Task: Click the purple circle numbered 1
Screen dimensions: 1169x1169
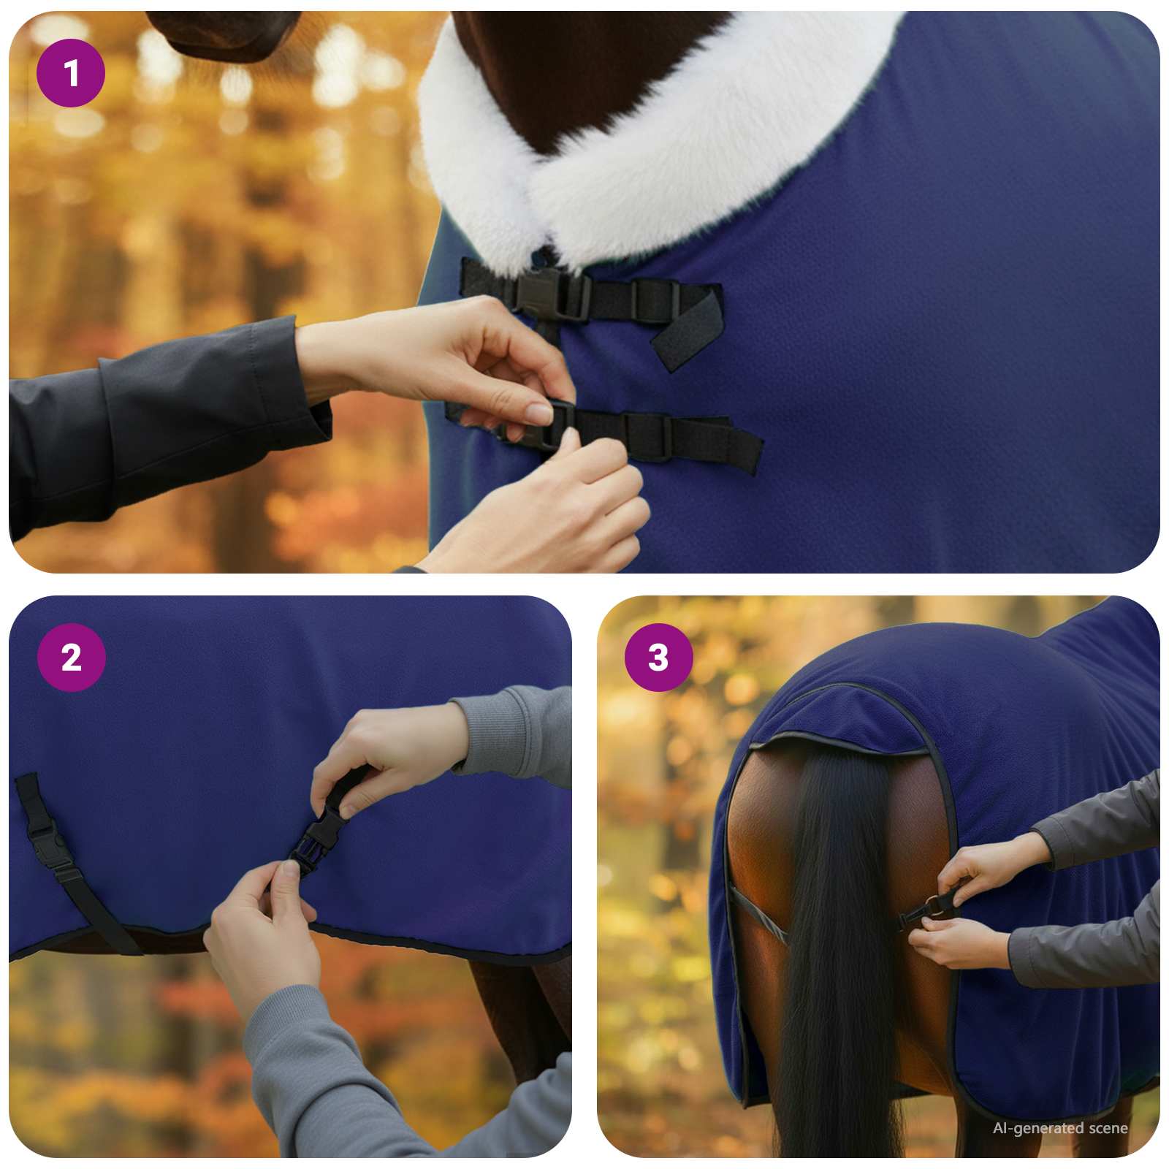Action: click(x=71, y=73)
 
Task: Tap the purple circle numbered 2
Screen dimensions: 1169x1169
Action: click(x=71, y=658)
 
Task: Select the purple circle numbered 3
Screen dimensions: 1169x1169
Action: click(x=658, y=658)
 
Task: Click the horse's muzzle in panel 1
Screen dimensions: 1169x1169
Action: click(x=226, y=33)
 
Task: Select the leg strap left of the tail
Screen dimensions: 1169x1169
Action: click(x=760, y=913)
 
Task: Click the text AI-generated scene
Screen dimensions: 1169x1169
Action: click(x=1059, y=1128)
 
